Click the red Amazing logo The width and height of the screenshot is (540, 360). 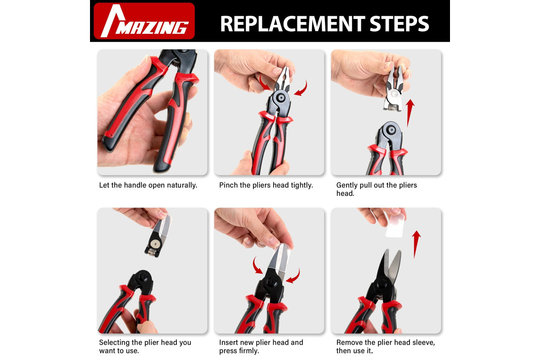click(144, 21)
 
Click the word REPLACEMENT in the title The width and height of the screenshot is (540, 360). click(292, 24)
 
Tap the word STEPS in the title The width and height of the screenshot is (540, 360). click(399, 24)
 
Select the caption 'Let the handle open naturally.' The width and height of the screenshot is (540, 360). click(148, 185)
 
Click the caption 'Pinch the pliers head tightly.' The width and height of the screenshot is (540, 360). click(266, 185)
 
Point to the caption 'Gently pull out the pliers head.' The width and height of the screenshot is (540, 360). click(377, 189)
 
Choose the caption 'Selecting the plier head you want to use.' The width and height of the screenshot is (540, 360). click(145, 346)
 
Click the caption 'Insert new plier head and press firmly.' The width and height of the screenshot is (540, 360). click(261, 346)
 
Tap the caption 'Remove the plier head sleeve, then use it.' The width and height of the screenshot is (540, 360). click(386, 346)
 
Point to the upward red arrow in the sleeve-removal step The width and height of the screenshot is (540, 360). click(416, 244)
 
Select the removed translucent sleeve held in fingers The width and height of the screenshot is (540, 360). click(395, 226)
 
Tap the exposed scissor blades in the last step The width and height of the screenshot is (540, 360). click(391, 265)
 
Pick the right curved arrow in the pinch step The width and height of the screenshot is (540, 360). click(301, 89)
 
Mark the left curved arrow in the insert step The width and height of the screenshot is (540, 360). click(257, 265)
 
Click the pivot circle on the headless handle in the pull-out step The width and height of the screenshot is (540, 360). click(391, 130)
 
